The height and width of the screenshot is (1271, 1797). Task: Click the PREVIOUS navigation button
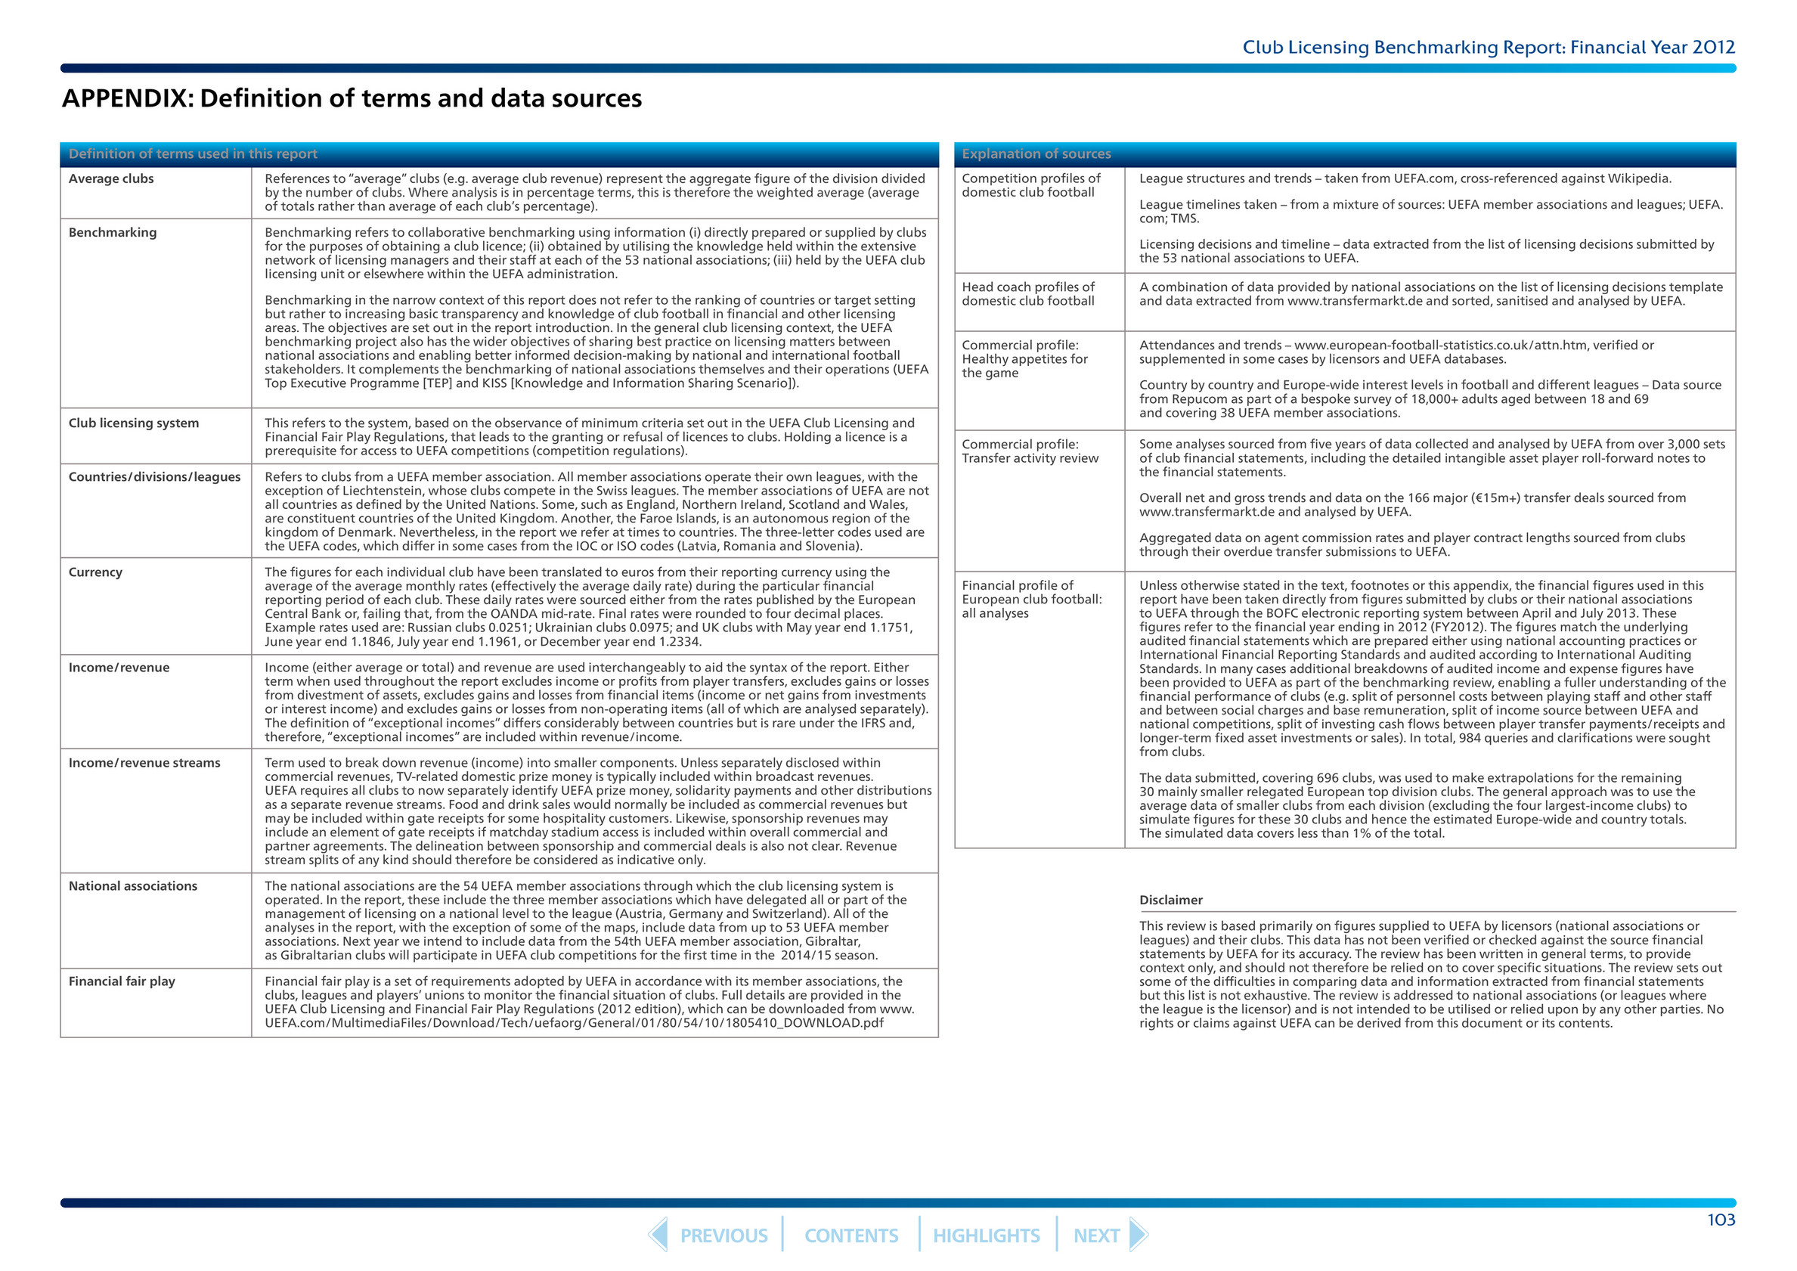tap(723, 1235)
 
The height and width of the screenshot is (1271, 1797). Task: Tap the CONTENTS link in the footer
tap(850, 1235)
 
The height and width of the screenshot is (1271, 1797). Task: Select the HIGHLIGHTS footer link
tap(986, 1235)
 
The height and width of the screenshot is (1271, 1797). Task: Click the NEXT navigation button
tap(1096, 1235)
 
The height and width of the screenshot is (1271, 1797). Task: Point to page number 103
tap(1721, 1220)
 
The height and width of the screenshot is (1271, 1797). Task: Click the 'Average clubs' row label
tap(111, 178)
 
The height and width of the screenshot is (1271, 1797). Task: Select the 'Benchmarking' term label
tap(113, 232)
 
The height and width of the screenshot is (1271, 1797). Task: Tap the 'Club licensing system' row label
tap(134, 423)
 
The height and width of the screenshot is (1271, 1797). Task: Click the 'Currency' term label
tap(95, 572)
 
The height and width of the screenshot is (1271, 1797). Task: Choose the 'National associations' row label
tap(133, 886)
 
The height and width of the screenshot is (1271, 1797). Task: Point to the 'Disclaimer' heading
tap(1171, 900)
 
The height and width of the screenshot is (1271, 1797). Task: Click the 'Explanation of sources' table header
tap(1036, 154)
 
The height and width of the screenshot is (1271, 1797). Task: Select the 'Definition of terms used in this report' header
tap(193, 154)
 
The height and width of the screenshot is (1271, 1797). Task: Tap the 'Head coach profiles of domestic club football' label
tap(1028, 293)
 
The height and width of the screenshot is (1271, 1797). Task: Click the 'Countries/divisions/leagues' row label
tap(155, 476)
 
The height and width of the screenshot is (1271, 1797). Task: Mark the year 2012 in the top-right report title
tap(1713, 47)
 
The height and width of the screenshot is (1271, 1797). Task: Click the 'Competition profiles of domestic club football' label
tap(1030, 184)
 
